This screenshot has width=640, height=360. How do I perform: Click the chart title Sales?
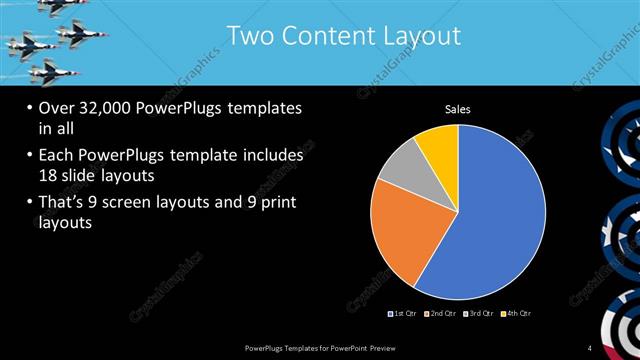[458, 109]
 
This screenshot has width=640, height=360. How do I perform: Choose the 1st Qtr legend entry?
[404, 313]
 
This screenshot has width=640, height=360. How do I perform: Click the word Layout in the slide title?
[421, 37]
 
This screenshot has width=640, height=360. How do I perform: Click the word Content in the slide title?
[323, 37]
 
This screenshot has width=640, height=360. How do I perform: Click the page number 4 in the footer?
[590, 347]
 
